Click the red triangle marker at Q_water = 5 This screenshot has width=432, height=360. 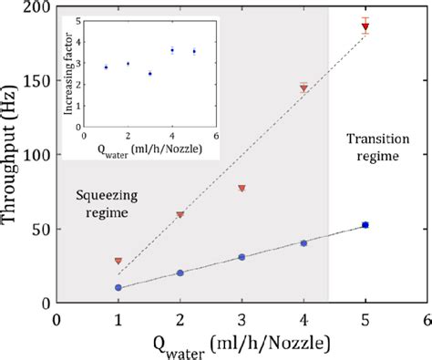coord(365,27)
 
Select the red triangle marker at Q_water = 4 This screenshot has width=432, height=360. coord(303,88)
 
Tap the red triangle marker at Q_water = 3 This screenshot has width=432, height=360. coord(242,189)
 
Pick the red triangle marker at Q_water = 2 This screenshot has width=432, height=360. coord(180,215)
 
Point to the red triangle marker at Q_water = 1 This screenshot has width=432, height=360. coord(118,261)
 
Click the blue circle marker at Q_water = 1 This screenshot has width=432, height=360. coord(118,287)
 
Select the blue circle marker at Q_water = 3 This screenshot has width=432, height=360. coord(242,257)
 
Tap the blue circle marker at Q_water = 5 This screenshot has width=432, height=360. coord(365,224)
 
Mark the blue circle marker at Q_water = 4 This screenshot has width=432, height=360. coord(303,243)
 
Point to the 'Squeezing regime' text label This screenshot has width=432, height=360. coord(101,203)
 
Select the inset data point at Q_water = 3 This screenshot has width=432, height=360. coord(150,73)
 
